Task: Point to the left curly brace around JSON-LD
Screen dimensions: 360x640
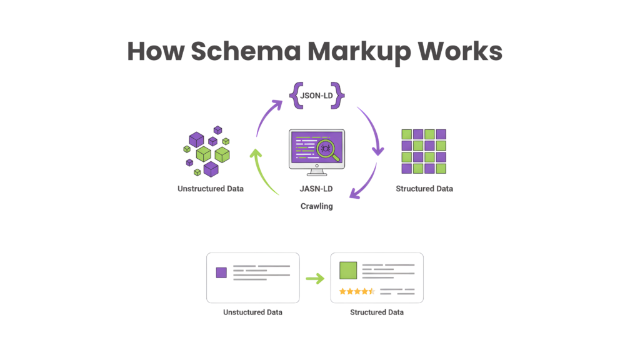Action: pyautogui.click(x=296, y=95)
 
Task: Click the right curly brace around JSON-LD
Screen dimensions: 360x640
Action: pyautogui.click(x=338, y=95)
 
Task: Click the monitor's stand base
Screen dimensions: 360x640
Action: pyautogui.click(x=316, y=173)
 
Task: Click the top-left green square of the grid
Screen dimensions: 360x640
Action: pyautogui.click(x=406, y=134)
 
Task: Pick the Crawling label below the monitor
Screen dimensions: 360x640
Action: pyautogui.click(x=316, y=206)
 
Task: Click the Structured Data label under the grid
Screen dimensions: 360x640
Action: pyautogui.click(x=424, y=188)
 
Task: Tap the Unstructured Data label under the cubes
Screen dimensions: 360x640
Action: pyautogui.click(x=210, y=188)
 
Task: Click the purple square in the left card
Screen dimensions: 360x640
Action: pyautogui.click(x=221, y=272)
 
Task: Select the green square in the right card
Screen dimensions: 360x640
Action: pyautogui.click(x=348, y=271)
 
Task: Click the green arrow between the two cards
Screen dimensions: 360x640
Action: pyautogui.click(x=315, y=278)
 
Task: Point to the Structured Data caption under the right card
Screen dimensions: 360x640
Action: pyautogui.click(x=377, y=312)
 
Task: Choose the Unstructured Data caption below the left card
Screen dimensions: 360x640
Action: pyautogui.click(x=252, y=312)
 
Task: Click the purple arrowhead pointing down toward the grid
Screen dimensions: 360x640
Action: pyautogui.click(x=377, y=151)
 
